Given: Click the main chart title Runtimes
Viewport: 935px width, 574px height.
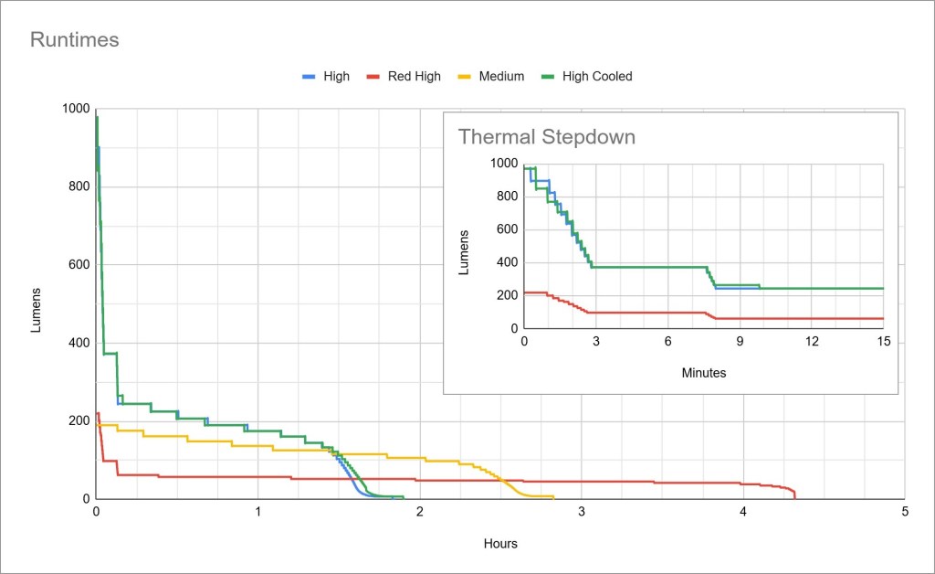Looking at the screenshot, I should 75,40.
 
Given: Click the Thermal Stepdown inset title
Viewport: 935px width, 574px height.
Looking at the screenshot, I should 546,137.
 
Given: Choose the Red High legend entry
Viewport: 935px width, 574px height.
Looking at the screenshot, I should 414,76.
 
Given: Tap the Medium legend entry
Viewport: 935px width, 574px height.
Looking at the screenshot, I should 501,76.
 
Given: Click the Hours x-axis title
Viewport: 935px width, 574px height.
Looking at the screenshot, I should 500,544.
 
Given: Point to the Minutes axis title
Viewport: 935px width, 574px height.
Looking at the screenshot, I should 704,373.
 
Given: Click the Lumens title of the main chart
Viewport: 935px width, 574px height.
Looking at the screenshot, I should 37,309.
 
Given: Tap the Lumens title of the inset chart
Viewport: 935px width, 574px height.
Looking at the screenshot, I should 464,252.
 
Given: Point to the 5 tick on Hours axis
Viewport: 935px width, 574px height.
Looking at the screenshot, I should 904,512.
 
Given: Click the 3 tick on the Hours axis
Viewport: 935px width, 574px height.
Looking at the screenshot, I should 582,512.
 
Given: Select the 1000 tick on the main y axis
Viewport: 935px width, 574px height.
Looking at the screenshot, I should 76,109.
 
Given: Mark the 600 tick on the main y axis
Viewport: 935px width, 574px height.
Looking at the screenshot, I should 79,265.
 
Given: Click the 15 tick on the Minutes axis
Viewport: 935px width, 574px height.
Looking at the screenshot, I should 883,341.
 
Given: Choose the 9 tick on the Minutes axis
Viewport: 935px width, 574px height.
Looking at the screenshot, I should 740,341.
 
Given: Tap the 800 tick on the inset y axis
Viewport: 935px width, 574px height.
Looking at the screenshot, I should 505,197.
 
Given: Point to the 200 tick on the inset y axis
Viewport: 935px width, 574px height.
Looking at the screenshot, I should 505,295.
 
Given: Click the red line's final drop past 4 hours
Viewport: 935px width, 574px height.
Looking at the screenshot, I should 793,494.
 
